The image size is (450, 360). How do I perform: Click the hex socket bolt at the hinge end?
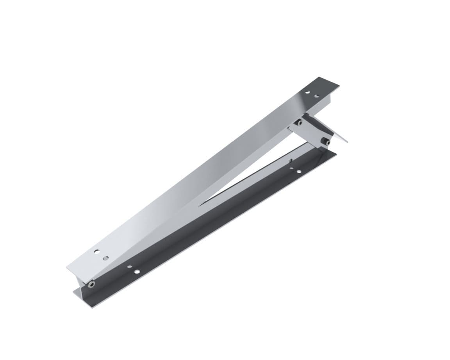[x=91, y=284]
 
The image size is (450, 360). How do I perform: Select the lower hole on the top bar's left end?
[x=105, y=258]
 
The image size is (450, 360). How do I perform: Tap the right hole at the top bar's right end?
[x=316, y=96]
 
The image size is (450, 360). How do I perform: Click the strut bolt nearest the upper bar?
[x=299, y=123]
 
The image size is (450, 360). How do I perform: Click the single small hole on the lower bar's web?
[x=291, y=160]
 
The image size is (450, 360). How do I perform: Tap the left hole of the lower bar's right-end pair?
[x=291, y=168]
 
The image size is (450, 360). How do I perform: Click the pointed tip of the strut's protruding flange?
[x=348, y=142]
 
